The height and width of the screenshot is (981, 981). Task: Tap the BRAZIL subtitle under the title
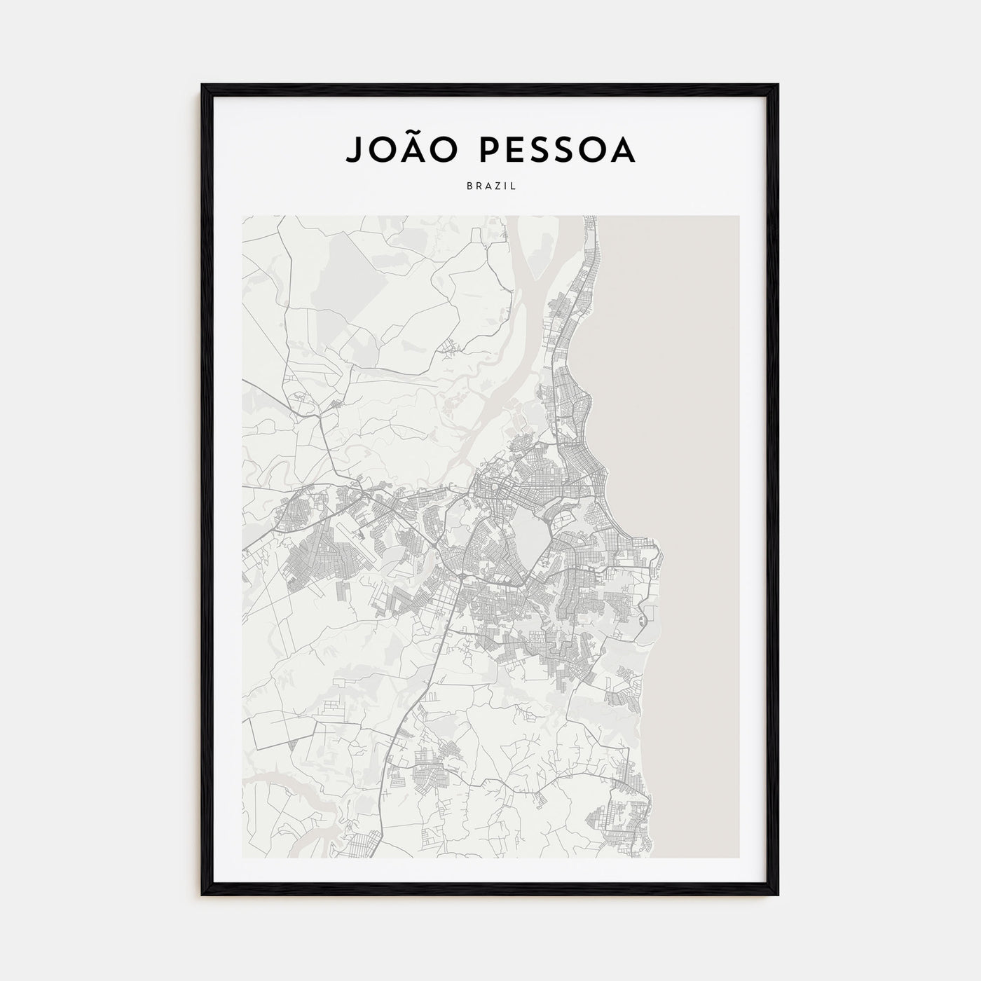pos(490,186)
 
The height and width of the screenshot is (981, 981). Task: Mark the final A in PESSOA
pos(623,149)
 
